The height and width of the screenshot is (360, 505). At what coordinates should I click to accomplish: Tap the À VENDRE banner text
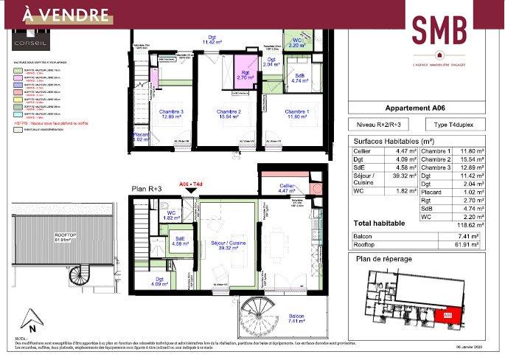pyautogui.click(x=56, y=15)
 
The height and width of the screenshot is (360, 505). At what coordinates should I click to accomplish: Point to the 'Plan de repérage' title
pyautogui.click(x=383, y=259)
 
